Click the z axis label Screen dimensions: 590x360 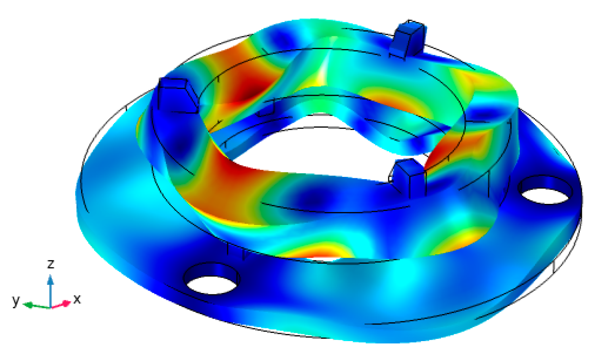tap(50, 264)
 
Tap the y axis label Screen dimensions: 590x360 tap(16, 300)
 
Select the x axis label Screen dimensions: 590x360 tap(77, 299)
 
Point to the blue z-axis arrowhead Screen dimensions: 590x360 tap(50, 279)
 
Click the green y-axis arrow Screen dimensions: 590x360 tap(36, 306)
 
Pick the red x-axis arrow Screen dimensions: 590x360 tap(61, 305)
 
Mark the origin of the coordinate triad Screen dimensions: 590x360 tap(50, 307)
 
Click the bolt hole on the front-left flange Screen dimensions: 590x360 tap(212, 279)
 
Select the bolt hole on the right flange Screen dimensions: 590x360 tap(545, 189)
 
